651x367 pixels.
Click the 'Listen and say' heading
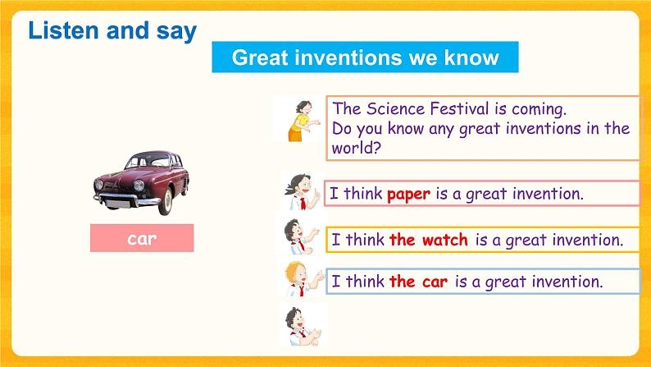click(x=112, y=31)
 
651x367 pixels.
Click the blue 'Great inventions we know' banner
click(x=365, y=57)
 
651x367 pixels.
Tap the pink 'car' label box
click(x=142, y=239)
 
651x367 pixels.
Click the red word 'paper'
click(x=408, y=194)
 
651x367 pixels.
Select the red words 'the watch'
click(x=428, y=240)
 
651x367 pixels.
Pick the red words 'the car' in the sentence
click(x=418, y=282)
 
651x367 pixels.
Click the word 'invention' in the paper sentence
click(x=547, y=194)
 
